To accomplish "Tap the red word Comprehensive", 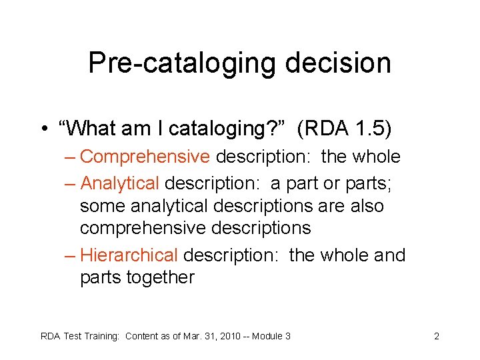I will [145, 157].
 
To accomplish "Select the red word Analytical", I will [119, 183].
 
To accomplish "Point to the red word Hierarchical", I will [129, 255].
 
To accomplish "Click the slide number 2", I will [436, 336].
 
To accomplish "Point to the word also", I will [368, 206].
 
